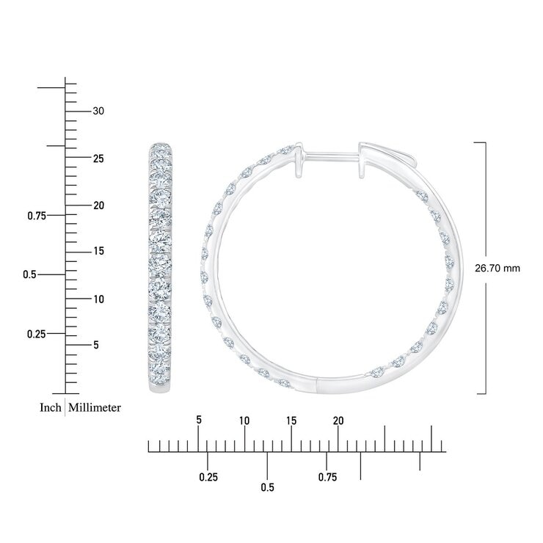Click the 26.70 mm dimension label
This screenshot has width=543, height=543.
pos(498,269)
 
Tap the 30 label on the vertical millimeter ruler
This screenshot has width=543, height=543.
pos(98,111)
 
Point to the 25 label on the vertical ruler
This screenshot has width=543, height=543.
pos(98,158)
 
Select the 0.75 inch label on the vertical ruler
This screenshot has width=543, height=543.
pos(37,216)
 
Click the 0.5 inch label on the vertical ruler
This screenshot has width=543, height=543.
pos(29,274)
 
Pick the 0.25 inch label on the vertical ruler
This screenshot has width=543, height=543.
pos(37,334)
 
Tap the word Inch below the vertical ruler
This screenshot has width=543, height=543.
pos(50,407)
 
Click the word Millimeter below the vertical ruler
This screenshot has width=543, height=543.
pos(95,407)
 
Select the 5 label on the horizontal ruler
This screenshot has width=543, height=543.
pos(198,420)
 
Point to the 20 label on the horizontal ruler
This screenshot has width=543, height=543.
pos(338,420)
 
